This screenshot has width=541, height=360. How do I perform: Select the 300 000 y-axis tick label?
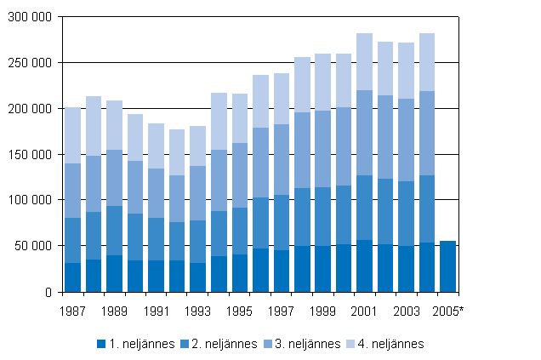tap(31, 17)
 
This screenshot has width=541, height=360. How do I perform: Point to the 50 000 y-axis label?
tap(35, 246)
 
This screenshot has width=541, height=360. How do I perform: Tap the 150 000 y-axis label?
tap(31, 155)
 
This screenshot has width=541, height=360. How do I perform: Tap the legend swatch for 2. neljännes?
tap(186, 344)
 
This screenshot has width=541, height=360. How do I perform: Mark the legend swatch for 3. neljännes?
tap(271, 344)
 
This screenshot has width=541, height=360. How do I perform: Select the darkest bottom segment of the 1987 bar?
tap(73, 277)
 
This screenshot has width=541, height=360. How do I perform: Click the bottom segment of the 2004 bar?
tap(427, 267)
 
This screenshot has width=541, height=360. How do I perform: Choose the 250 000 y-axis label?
tap(31, 63)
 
